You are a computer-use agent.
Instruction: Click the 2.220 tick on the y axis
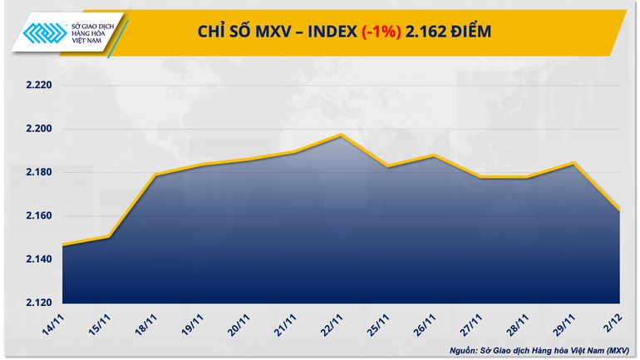[x=38, y=86]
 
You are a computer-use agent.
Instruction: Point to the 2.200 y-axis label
[x=38, y=129]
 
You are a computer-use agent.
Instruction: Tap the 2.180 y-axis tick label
[x=38, y=172]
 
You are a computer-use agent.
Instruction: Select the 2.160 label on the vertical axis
[x=38, y=216]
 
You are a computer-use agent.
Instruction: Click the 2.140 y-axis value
[x=38, y=259]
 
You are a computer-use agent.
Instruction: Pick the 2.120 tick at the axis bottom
[x=38, y=303]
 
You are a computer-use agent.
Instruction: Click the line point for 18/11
[x=155, y=175]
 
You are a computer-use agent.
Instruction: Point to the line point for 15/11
[x=109, y=237]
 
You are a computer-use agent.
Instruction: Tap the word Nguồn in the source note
[x=465, y=349]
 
